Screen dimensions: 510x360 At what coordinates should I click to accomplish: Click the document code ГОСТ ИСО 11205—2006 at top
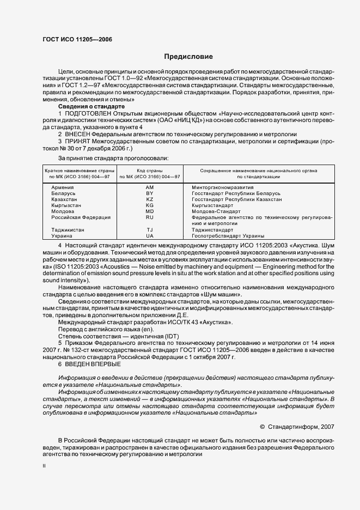(x=77, y=40)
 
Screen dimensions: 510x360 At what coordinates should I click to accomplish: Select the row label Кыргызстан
(x=60, y=205)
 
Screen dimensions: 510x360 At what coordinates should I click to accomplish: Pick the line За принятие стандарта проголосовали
(x=101, y=158)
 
